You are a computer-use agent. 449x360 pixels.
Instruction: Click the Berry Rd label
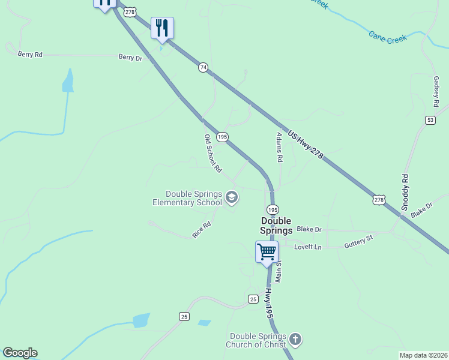[30, 55]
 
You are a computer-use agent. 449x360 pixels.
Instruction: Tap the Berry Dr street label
[130, 58]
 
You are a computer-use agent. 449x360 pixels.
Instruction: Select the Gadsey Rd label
[436, 89]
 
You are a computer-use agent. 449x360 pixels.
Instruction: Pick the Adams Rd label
[279, 148]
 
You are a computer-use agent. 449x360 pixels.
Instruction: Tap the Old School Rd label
[213, 154]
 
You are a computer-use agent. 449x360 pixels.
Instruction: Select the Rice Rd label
[202, 230]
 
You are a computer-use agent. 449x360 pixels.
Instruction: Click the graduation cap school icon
[232, 197]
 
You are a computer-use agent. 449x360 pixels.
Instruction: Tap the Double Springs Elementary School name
[187, 198]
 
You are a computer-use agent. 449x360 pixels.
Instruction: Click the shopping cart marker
[267, 251]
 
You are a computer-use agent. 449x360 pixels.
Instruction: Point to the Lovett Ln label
[308, 247]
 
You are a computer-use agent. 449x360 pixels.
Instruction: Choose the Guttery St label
[358, 242]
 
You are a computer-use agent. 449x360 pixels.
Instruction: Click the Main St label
[279, 272]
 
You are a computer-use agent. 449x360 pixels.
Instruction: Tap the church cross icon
[295, 340]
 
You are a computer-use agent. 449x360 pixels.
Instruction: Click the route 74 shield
[203, 68]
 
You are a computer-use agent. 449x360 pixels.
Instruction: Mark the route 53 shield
[430, 120]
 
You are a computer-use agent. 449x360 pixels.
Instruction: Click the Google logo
[20, 353]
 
